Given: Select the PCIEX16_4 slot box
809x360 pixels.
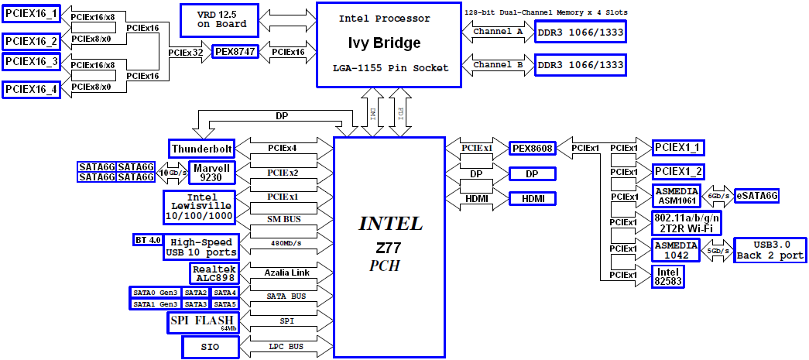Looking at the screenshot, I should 31,89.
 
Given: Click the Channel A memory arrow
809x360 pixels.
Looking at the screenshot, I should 498,31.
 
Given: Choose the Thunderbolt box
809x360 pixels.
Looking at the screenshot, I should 202,148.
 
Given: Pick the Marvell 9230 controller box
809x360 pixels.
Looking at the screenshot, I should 212,173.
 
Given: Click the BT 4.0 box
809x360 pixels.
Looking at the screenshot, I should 147,240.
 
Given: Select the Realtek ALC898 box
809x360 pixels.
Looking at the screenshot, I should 213,273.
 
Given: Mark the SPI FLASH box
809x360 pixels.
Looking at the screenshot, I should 202,322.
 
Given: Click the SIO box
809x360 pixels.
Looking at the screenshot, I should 211,348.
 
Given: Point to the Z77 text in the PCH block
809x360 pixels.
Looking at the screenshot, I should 392,251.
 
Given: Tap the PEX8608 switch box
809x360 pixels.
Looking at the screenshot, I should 532,148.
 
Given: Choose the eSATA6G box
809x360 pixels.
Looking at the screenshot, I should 756,196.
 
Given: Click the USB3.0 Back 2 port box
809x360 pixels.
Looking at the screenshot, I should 770,249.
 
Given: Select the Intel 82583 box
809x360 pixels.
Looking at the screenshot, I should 668,276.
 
